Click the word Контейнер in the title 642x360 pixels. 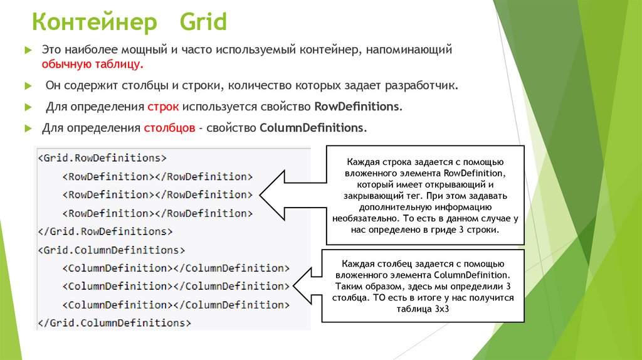[x=95, y=23]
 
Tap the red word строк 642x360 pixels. [x=164, y=106]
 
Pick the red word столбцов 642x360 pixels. [x=168, y=127]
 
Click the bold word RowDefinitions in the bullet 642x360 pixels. [x=357, y=106]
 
